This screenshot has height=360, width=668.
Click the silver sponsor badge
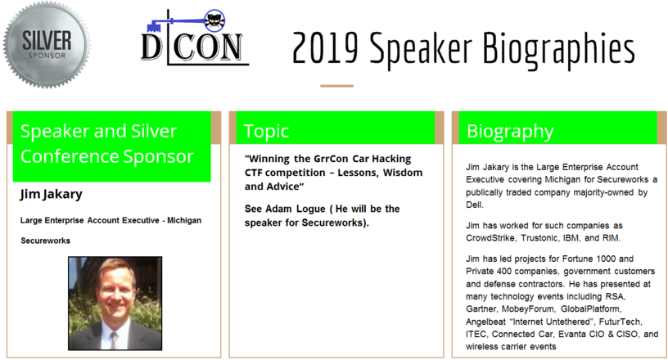click(47, 45)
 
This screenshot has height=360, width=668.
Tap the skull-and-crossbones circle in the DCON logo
click(214, 20)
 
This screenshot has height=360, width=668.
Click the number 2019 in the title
click(325, 47)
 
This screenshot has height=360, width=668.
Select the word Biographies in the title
click(558, 49)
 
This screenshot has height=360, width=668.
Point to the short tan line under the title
click(336, 86)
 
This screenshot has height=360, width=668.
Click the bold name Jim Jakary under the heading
click(51, 194)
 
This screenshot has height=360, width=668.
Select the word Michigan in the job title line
click(184, 220)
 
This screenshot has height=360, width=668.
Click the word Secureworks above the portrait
click(46, 241)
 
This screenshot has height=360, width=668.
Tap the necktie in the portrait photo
click(114, 340)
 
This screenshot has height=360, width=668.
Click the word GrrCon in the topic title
click(331, 159)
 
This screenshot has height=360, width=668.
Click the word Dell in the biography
click(474, 205)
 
